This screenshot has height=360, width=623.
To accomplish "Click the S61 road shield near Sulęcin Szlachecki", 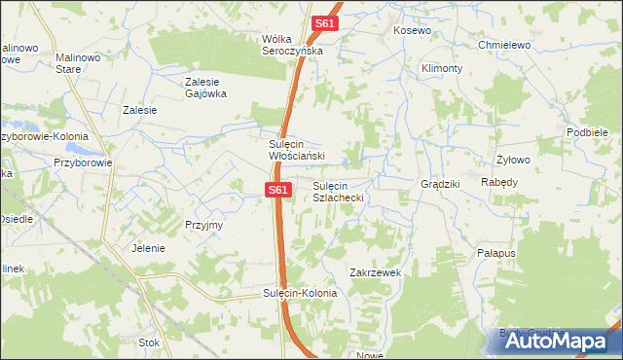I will click(x=277, y=191).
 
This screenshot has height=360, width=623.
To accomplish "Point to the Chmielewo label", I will click(x=502, y=45).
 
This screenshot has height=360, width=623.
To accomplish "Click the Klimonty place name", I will click(x=442, y=69).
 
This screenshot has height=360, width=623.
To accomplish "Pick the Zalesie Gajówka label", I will click(x=205, y=88).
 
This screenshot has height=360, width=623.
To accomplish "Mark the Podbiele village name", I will click(x=587, y=132).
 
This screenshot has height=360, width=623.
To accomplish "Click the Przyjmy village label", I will click(x=204, y=225).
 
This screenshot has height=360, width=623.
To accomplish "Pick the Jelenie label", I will click(x=148, y=248).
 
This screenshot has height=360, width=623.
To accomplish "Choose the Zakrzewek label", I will click(x=376, y=273).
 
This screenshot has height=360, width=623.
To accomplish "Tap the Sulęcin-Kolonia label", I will click(x=300, y=293).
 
